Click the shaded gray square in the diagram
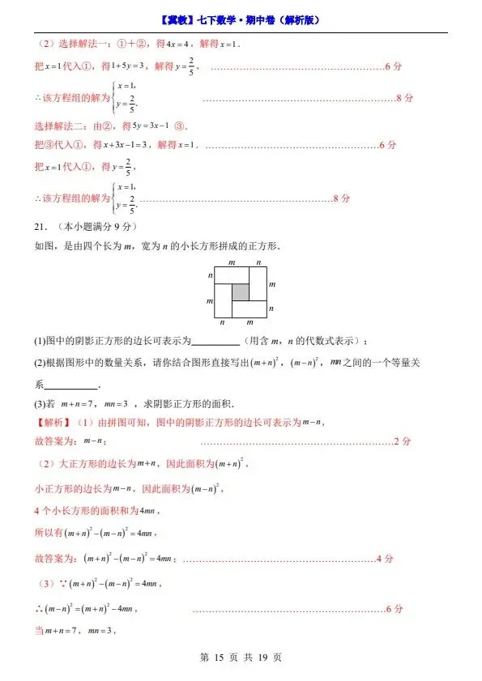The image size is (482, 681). click(241, 292)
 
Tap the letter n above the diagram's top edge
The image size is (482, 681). click(258, 262)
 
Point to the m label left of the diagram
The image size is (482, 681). click(210, 300)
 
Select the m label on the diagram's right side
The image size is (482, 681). click(272, 284)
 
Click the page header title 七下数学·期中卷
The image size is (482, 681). click(240, 20)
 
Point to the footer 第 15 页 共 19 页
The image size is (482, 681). click(241, 658)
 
